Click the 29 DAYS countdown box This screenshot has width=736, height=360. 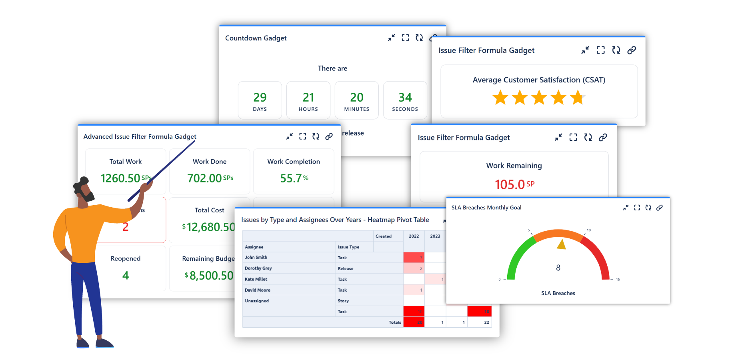pos(260,100)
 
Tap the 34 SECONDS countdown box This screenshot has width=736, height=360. pos(405,100)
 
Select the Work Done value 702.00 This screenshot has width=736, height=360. pos(205,178)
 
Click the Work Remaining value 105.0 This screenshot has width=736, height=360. pos(510,184)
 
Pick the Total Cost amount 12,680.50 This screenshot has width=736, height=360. pos(211,227)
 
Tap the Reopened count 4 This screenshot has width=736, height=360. pos(126,276)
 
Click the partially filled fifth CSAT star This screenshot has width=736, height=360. pos(577,98)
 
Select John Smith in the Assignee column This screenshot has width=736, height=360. pos(256,258)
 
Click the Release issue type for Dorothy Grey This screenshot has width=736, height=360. pos(346,268)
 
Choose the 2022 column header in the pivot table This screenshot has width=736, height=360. pos(414,236)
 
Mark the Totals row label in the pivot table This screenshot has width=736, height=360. pos(395,322)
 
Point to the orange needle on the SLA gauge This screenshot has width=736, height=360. pos(562,244)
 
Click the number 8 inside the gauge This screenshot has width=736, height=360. pos(558,268)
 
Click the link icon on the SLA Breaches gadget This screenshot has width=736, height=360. pos(660,208)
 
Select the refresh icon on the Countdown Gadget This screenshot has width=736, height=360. pos(419,38)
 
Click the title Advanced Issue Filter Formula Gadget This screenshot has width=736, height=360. pos(140,136)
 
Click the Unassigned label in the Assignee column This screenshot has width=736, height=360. pos(257,301)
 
